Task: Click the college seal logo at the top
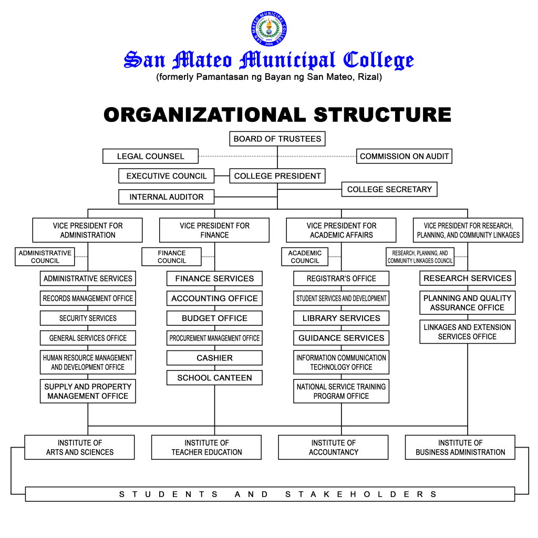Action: [269, 28]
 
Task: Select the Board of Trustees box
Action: [277, 139]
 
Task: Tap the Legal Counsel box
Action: [151, 156]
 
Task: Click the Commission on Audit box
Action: [404, 156]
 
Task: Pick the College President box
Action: [277, 176]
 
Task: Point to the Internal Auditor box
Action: [167, 197]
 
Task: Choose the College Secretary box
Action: [389, 189]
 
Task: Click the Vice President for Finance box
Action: [214, 230]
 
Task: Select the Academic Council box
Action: [305, 257]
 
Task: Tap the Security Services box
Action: [88, 318]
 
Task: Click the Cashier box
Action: [214, 358]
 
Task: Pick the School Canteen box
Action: [214, 378]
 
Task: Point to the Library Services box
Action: [341, 318]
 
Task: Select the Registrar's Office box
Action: [341, 278]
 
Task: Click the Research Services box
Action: [467, 278]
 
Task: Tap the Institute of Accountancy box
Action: [333, 447]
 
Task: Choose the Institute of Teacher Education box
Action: [206, 447]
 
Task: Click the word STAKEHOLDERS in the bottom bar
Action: [361, 494]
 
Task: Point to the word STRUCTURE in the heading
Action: [382, 115]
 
